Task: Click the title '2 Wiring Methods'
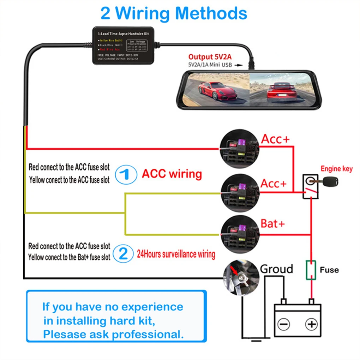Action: [x=174, y=13]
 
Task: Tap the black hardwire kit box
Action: [x=123, y=46]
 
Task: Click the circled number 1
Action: [x=126, y=174]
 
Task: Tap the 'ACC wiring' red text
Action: [x=172, y=174]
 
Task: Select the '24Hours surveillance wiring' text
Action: [x=176, y=254]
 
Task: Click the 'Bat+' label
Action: [x=272, y=223]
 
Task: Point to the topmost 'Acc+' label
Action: [x=275, y=139]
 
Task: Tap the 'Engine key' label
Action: [x=336, y=169]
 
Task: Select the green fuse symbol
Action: [x=311, y=270]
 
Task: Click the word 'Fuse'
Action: [x=329, y=270]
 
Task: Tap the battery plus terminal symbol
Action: [x=311, y=324]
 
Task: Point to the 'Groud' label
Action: [x=276, y=269]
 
